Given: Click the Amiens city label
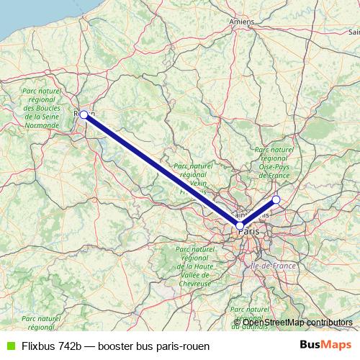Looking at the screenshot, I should coord(242,22).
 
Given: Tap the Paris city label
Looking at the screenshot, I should coord(249,232).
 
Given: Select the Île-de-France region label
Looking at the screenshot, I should coord(273,266).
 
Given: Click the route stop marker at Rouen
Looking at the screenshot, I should coord(84,114).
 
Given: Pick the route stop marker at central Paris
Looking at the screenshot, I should coord(240,225).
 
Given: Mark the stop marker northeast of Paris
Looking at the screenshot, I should coord(276,199).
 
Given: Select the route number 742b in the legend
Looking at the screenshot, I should coord(75,346).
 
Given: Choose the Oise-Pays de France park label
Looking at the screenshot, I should coord(274,162).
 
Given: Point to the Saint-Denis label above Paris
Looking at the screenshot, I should coord(252,215).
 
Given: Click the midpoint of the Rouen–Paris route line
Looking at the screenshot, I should coord(162,170).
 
